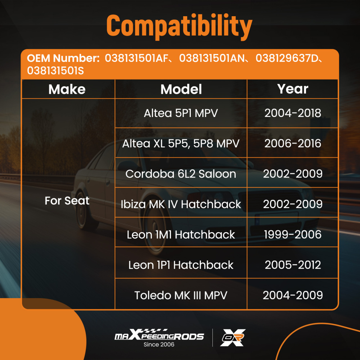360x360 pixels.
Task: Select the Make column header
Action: click(x=67, y=89)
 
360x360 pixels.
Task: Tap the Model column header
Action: click(x=181, y=89)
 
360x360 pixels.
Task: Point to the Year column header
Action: click(x=292, y=89)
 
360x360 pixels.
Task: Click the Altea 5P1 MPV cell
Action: click(x=181, y=113)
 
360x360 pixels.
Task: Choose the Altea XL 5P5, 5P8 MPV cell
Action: click(x=181, y=144)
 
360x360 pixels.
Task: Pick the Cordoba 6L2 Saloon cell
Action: click(x=181, y=174)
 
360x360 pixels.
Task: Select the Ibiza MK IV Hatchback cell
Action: click(x=181, y=204)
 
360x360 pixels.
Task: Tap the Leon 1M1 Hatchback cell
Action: click(x=181, y=234)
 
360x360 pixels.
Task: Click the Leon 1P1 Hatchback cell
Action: click(x=181, y=265)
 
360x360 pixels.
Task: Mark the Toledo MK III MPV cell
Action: click(x=181, y=295)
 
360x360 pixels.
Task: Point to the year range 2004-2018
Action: click(x=293, y=113)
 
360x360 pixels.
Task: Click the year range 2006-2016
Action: click(x=293, y=144)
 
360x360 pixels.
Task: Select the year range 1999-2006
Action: click(x=293, y=234)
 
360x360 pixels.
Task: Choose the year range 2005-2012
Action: click(x=293, y=265)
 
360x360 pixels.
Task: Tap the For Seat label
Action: click(x=67, y=201)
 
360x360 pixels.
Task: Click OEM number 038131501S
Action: click(x=55, y=71)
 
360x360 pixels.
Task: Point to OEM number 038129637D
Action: click(x=287, y=58)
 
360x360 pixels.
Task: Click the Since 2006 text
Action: click(x=159, y=345)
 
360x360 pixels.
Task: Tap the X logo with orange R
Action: click(x=233, y=338)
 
